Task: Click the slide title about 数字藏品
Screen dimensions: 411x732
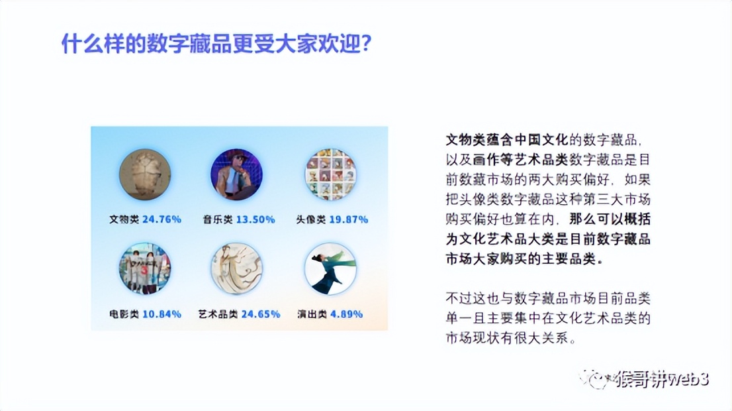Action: coord(215,44)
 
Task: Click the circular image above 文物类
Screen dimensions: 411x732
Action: coord(145,174)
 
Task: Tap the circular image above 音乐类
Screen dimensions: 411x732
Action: coord(236,174)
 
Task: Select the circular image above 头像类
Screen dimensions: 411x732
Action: coord(330,174)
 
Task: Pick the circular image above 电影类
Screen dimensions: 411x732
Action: coord(145,268)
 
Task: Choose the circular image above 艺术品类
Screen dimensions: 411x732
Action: coord(236,268)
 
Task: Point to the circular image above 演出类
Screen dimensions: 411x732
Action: coord(330,268)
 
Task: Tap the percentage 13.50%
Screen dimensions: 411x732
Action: coord(255,219)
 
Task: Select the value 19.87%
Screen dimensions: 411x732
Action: coord(349,219)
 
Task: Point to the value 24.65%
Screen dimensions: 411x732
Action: coord(260,314)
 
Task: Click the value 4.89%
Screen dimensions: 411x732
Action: coord(346,314)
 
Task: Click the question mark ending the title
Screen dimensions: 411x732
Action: coord(365,44)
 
